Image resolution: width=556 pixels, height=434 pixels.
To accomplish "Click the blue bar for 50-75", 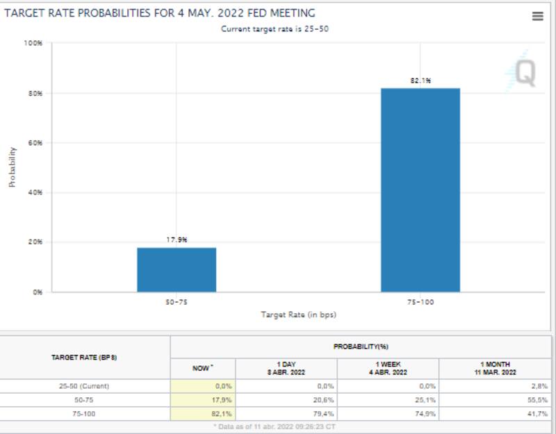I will tap(177, 269).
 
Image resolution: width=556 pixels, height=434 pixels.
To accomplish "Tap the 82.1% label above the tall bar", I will tap(420, 81).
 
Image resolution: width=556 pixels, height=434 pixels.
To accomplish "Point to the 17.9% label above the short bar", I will tap(177, 240).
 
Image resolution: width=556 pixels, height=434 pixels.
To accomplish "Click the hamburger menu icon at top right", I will tap(537, 17).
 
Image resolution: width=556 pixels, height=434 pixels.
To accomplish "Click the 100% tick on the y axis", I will tap(33, 43).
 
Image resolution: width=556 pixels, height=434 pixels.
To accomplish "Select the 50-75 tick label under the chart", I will tap(177, 303).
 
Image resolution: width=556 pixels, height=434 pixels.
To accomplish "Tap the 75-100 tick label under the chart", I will tap(420, 303).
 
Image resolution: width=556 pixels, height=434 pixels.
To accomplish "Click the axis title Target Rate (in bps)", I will tap(298, 315).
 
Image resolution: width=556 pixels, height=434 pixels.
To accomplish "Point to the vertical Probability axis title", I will tap(12, 167).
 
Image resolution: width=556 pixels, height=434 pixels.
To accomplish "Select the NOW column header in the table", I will tap(202, 368).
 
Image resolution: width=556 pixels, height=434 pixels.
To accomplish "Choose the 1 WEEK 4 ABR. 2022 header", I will tap(388, 368).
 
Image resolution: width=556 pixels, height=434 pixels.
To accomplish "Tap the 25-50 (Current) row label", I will tap(84, 386).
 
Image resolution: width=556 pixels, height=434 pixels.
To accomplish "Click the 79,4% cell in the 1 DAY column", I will tap(324, 414).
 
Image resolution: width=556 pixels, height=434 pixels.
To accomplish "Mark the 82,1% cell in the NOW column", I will tap(221, 414).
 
